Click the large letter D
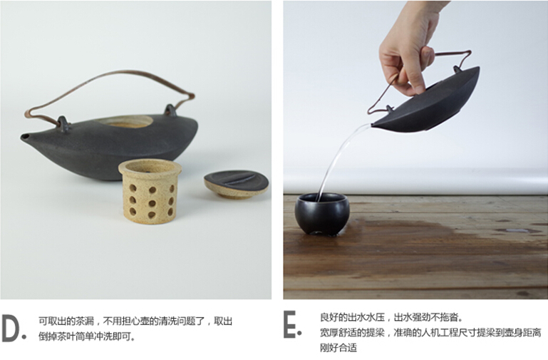11,328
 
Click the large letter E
290,324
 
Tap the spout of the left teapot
25,138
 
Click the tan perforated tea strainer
150,191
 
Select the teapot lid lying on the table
237,184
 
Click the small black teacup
321,214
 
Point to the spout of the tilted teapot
375,125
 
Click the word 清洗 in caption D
168,321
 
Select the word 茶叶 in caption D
66,336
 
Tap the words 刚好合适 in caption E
338,348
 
